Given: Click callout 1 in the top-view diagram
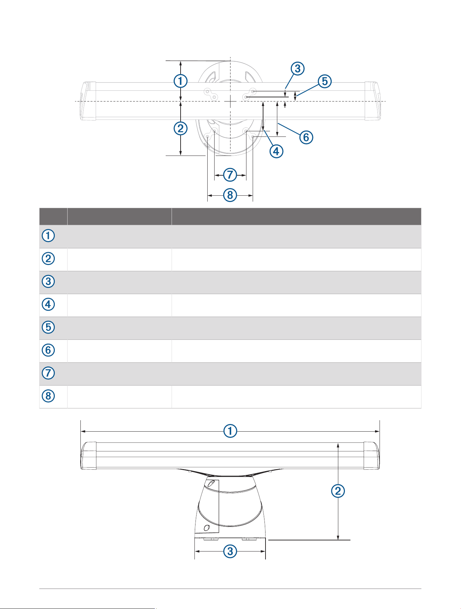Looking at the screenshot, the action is tap(180, 81).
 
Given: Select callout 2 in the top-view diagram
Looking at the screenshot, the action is tap(180, 129).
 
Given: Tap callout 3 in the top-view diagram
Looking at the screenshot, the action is tap(297, 69).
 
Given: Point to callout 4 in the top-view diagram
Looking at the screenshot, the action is tap(276, 151).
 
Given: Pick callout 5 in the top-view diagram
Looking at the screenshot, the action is tap(325, 81).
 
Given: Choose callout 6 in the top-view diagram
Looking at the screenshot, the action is tap(306, 137).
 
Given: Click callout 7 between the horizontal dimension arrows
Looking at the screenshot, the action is tap(230, 175).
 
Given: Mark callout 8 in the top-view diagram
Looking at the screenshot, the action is tap(230, 195).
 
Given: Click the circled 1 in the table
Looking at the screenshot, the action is tap(48, 236).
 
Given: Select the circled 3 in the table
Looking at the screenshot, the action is tap(48, 281).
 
